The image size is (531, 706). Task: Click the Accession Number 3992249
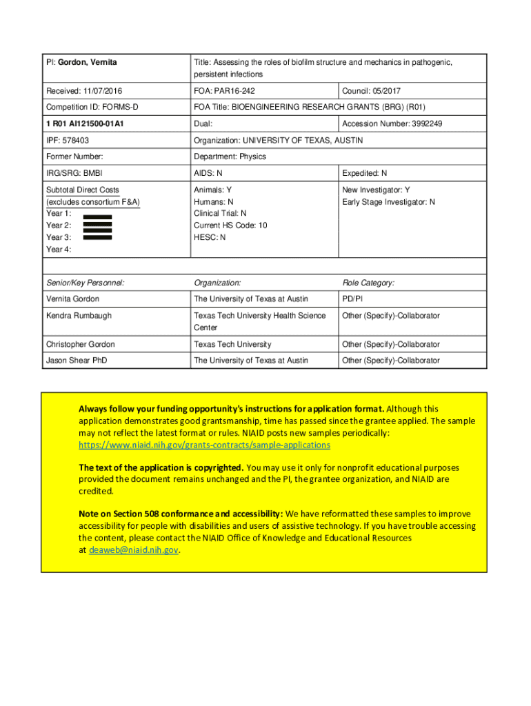[392, 124]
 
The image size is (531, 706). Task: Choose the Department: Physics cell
[230, 157]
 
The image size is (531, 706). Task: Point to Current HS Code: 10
[230, 225]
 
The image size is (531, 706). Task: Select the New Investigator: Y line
[376, 190]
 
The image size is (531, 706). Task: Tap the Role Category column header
[368, 283]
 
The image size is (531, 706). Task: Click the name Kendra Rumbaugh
[78, 316]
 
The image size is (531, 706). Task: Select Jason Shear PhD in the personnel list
[76, 361]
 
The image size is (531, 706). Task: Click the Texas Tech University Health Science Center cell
[259, 321]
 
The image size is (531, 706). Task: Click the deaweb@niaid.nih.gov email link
[134, 550]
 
